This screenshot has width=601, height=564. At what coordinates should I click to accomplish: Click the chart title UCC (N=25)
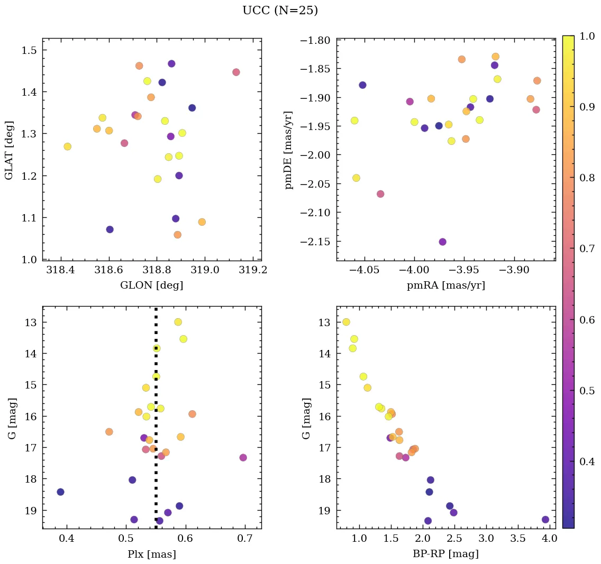coord(280,11)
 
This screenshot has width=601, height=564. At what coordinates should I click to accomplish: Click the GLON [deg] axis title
coord(152,285)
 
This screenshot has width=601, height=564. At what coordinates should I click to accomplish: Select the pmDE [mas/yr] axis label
coord(288,150)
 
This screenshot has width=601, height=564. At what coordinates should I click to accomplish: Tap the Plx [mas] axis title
coord(152,554)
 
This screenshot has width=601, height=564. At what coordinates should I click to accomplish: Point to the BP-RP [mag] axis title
coord(445,554)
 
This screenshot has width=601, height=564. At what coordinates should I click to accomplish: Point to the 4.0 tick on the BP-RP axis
coord(549,539)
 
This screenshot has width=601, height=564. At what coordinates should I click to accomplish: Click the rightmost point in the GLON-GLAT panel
coord(236,72)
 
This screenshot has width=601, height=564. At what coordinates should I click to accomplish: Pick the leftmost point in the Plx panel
coord(60,492)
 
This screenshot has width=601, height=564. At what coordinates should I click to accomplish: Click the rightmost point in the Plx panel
coord(243,458)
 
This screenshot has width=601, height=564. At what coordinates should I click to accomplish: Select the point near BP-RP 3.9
coord(545,520)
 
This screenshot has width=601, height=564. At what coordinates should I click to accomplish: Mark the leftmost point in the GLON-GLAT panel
coord(67,146)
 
